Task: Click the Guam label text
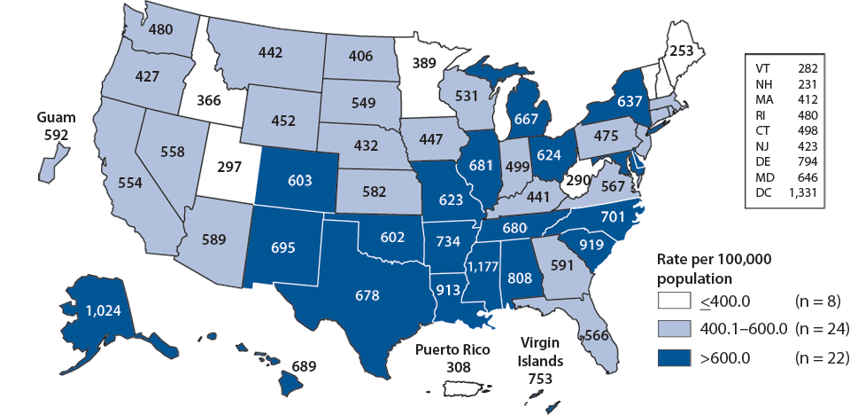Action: tap(54, 117)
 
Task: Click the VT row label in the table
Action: tap(762, 67)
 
